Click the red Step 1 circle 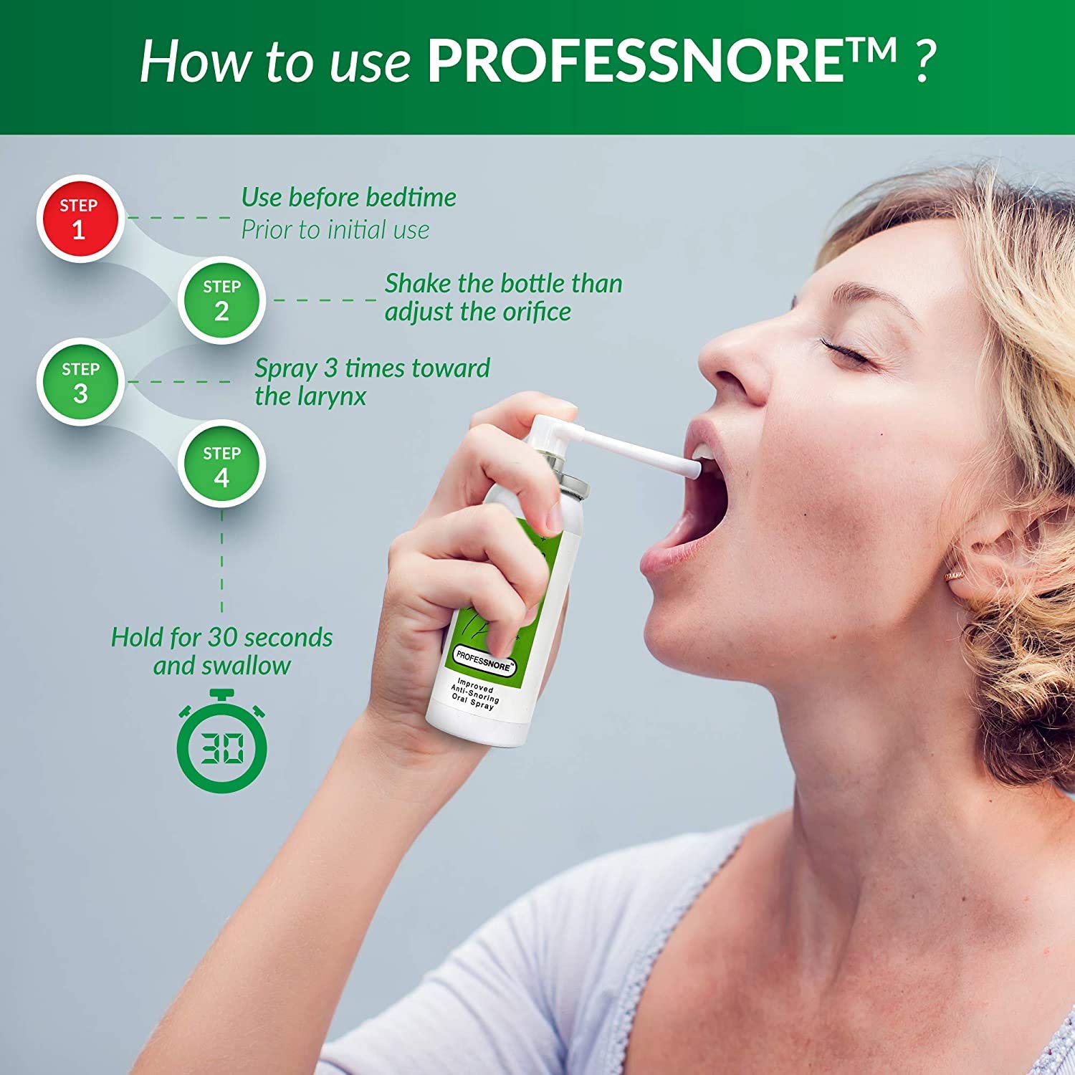(x=79, y=219)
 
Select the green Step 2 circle (x=221, y=300)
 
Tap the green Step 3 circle (x=80, y=382)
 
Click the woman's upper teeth (x=706, y=453)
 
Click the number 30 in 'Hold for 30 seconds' (x=224, y=637)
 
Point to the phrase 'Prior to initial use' (x=335, y=230)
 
